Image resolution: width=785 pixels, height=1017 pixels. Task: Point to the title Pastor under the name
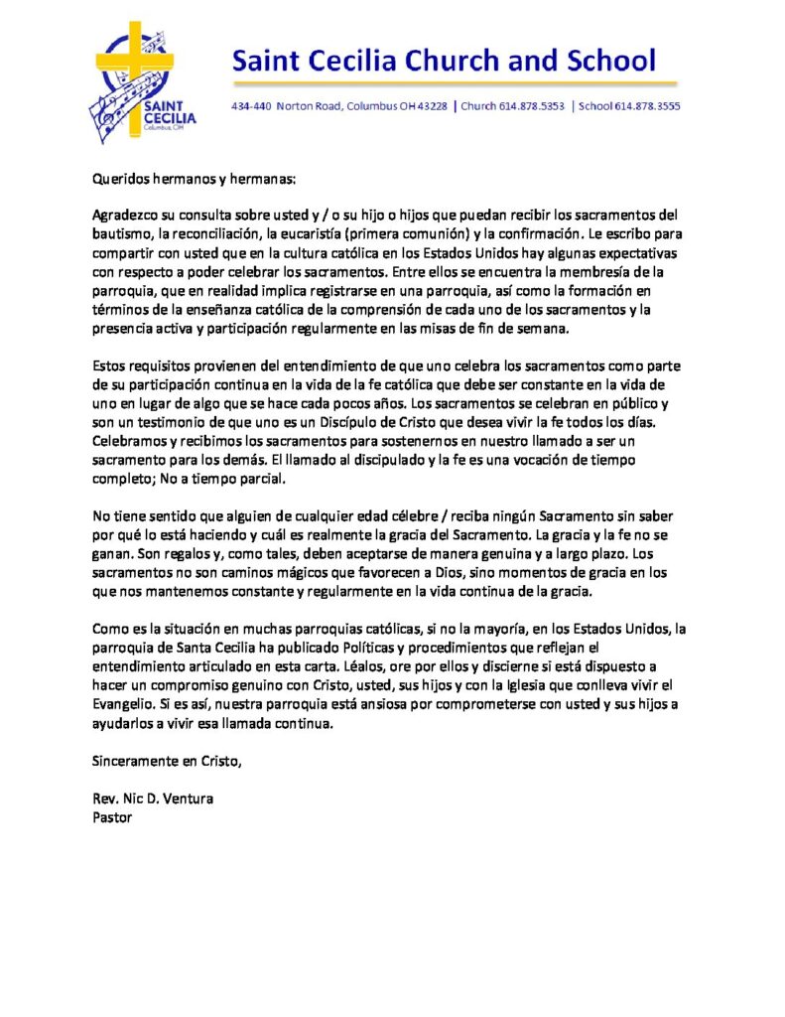pyautogui.click(x=112, y=817)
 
